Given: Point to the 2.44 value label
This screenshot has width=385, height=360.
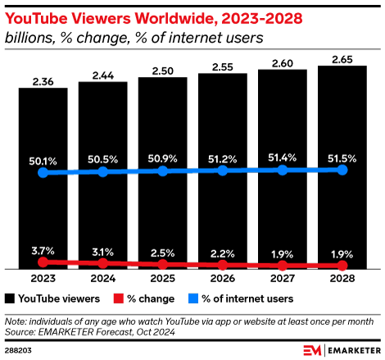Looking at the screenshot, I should point(102,75).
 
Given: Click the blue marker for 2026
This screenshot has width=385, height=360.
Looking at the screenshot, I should point(222,171).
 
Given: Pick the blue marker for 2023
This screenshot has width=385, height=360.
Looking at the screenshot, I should point(43,173).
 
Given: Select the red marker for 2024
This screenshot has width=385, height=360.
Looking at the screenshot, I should point(102,264).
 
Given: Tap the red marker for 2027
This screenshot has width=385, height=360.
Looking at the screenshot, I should point(282,267).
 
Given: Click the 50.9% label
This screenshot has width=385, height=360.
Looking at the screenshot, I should point(162,156).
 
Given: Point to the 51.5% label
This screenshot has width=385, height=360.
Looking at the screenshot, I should point(342,154).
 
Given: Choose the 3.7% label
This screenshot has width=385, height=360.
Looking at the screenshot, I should point(43,248).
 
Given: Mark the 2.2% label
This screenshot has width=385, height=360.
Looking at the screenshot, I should point(222,253).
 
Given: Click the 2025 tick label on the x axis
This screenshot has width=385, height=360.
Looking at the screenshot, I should point(162,280).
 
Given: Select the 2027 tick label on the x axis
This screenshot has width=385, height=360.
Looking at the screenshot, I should point(282,280).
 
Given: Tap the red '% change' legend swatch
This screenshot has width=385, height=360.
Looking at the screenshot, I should point(118,298).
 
